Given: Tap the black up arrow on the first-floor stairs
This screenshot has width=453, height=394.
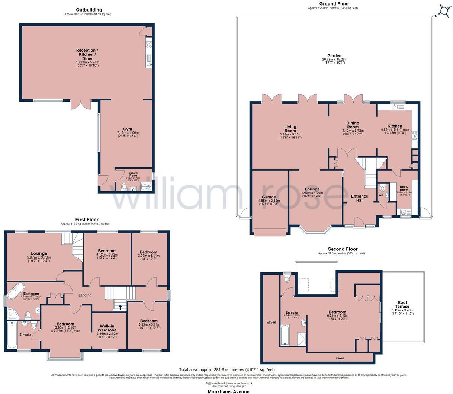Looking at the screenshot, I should point(120,307).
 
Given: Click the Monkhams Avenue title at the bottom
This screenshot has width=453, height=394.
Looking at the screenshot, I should point(228,391).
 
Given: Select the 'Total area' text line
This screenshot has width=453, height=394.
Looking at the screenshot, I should point(226,369).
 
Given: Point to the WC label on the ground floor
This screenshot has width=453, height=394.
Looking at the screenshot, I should point(380,195).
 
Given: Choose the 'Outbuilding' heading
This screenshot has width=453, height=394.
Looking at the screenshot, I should point(89,10).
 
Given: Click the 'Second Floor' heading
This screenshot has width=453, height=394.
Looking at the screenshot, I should point(343,249).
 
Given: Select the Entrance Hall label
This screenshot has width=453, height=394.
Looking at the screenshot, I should point(360,198).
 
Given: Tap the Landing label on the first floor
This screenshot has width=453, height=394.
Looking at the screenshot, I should point(85,295).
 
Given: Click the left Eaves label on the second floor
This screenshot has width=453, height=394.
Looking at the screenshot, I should point(271,322).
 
